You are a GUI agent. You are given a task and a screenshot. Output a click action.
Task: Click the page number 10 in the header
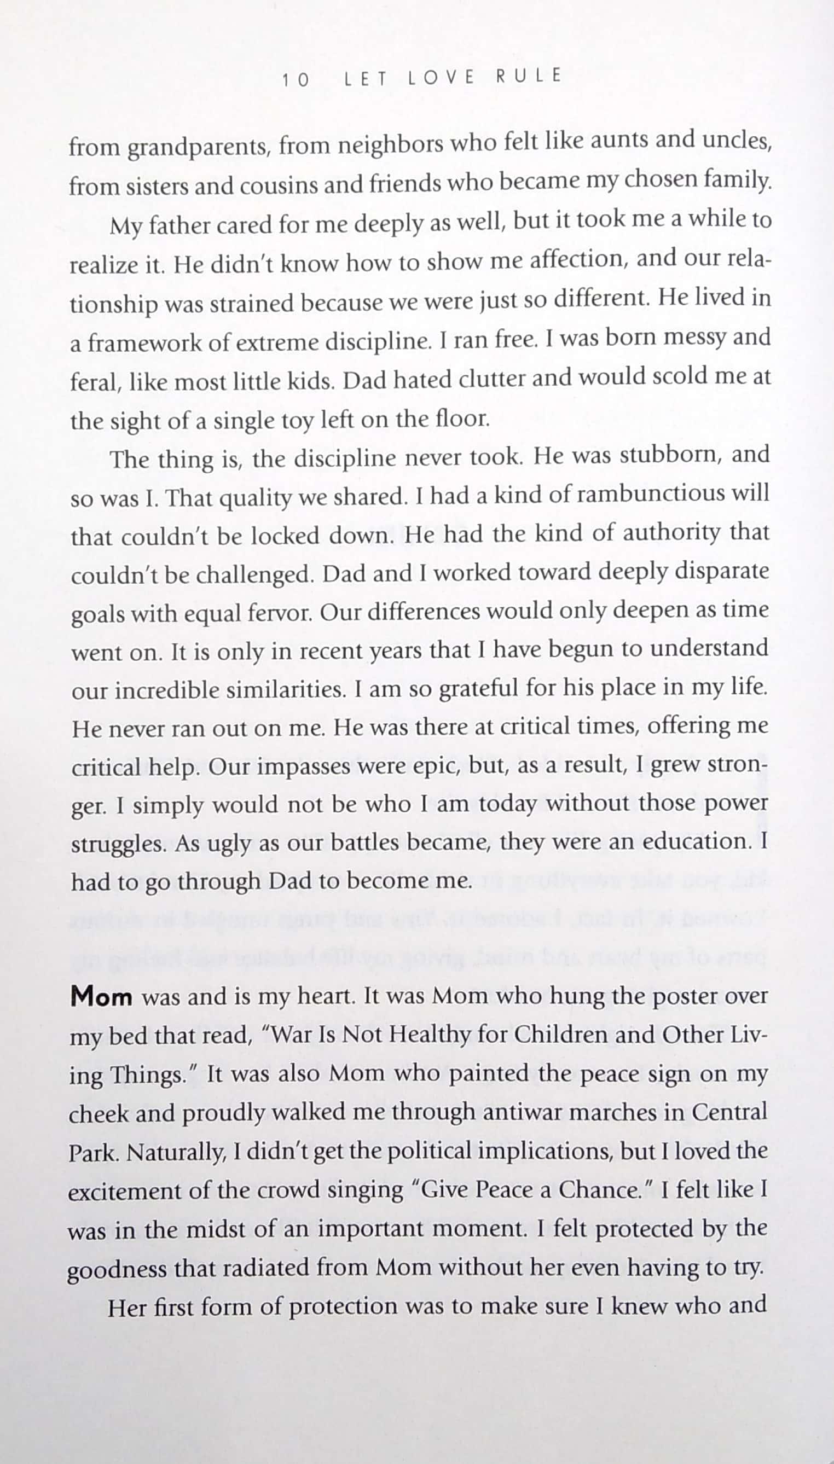pos(296,80)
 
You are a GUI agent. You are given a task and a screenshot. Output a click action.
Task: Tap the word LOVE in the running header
pos(441,78)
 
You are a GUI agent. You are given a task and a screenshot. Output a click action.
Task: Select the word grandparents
pos(198,148)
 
